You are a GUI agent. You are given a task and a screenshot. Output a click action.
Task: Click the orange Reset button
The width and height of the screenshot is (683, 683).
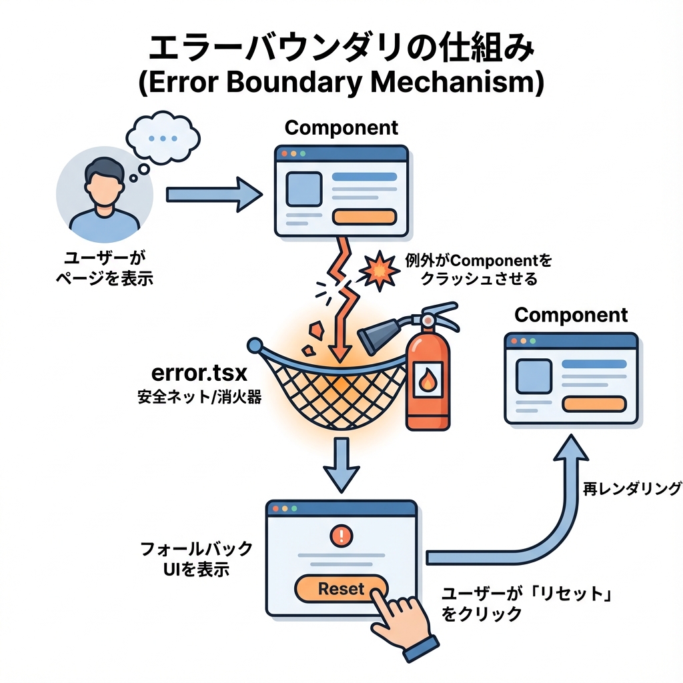341,589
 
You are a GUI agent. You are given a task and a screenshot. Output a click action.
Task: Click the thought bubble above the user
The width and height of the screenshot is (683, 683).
163,139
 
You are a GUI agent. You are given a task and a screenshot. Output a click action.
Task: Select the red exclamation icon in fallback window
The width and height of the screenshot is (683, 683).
341,534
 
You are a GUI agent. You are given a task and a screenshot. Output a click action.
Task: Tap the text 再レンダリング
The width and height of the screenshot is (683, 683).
632,489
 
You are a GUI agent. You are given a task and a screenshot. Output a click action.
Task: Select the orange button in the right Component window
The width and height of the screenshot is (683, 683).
594,404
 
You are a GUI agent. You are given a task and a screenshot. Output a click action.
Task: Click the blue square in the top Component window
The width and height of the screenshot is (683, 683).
303,189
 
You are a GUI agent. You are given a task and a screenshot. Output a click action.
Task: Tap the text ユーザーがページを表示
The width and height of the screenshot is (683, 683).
103,268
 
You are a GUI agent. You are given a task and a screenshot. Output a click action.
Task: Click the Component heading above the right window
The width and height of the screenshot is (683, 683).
571,315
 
